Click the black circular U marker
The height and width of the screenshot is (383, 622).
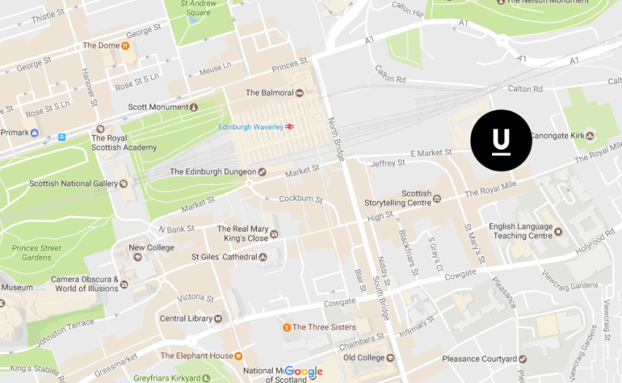(x=501, y=141)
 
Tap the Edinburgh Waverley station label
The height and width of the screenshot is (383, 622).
(x=250, y=127)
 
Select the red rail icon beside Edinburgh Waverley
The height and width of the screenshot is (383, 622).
(x=289, y=127)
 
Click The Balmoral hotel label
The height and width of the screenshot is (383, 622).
(x=271, y=93)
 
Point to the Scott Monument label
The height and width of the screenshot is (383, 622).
(x=157, y=107)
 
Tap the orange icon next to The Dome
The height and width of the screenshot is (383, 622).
(x=125, y=45)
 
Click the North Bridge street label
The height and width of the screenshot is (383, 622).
(x=337, y=137)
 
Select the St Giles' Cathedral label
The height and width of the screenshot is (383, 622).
(x=223, y=257)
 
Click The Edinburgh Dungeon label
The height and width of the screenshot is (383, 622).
(x=212, y=171)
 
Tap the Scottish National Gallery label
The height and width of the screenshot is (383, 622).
(x=73, y=183)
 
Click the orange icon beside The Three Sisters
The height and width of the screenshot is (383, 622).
(x=286, y=327)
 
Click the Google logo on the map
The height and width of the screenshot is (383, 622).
(x=304, y=372)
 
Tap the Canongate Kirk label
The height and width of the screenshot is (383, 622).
(x=558, y=135)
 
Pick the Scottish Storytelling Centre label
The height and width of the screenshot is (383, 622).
(x=415, y=199)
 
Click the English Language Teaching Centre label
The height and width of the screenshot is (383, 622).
(x=519, y=231)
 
